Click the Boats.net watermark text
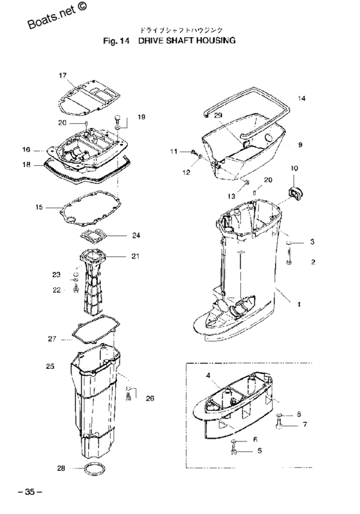60,17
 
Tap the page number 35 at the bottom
29,492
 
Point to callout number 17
63,75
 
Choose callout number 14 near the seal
302,98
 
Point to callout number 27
52,337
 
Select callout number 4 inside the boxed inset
208,374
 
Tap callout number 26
150,398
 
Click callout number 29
218,114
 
